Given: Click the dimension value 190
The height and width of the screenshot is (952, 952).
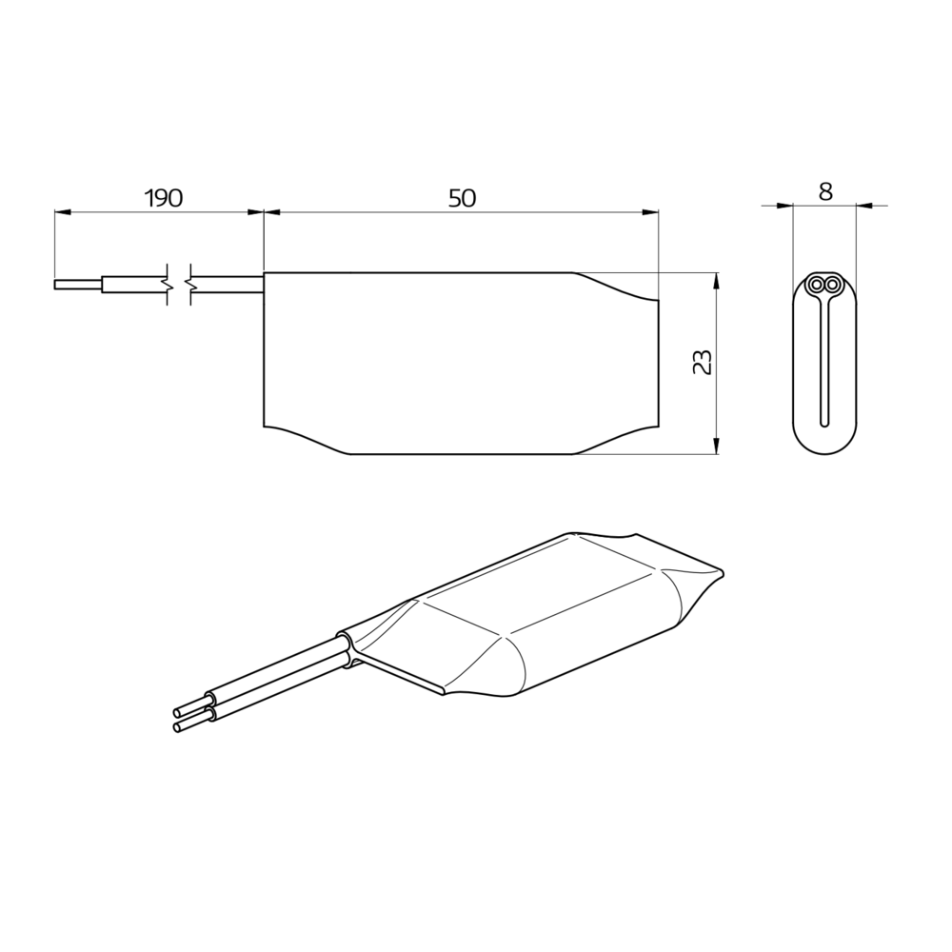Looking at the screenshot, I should (163, 198).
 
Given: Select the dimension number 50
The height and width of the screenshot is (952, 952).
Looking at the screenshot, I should (462, 198).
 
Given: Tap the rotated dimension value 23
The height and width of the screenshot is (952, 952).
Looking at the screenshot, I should (703, 363).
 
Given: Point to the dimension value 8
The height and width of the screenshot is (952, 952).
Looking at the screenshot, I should (825, 191).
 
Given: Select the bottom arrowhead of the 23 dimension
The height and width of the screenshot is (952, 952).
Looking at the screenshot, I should (716, 446).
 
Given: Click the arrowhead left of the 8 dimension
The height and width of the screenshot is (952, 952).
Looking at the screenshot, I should (785, 205).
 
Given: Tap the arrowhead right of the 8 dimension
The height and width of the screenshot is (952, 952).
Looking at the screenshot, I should (863, 205).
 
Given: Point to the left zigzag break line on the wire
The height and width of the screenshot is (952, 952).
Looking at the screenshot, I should (169, 284).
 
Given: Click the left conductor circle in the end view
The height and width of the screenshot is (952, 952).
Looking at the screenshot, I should (816, 284).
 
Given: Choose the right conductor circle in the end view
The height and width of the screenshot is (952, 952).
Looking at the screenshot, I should (833, 284).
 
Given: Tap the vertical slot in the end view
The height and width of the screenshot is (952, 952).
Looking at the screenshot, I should (824, 362).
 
